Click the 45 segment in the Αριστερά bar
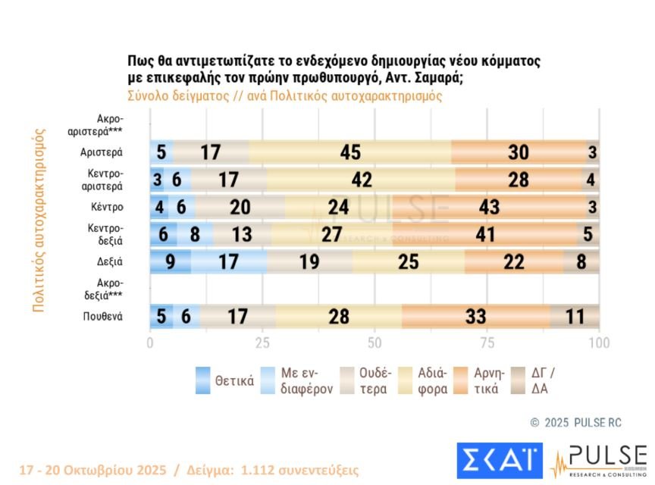[349, 152]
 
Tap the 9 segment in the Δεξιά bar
[171, 261]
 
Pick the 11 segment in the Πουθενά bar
[575, 316]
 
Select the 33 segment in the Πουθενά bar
[475, 316]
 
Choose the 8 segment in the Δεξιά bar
[581, 261]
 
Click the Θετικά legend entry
[224, 380]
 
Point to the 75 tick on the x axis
[487, 343]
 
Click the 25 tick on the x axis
[262, 343]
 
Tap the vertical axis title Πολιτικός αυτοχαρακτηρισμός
[37, 219]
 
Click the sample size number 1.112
[258, 470]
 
